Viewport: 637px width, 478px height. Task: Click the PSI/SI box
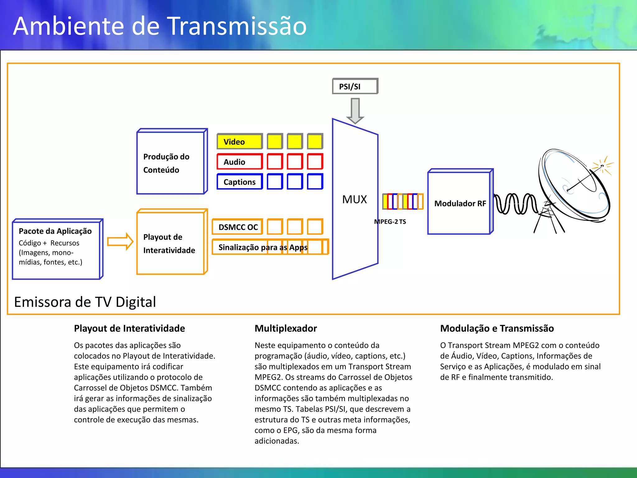click(x=355, y=86)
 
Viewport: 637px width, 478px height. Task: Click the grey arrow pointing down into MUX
click(x=355, y=111)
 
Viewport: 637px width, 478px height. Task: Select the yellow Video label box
click(x=239, y=142)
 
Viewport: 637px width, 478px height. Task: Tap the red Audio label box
click(x=239, y=162)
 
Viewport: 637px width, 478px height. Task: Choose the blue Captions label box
click(x=239, y=182)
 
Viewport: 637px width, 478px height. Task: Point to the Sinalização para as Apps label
click(x=263, y=247)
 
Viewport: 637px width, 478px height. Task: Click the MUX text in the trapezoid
click(x=354, y=199)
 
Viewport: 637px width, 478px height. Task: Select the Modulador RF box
click(x=460, y=203)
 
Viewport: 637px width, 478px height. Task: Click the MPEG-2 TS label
click(x=390, y=222)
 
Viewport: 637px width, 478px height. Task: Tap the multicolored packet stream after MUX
click(x=403, y=201)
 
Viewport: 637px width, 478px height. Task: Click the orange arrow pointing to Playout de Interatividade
click(x=120, y=241)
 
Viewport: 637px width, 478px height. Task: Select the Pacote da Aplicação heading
click(x=55, y=231)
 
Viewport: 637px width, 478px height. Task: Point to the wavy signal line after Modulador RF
click(x=515, y=204)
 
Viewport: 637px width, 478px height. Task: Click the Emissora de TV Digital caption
click(x=85, y=302)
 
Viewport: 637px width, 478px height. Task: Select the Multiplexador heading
click(x=286, y=328)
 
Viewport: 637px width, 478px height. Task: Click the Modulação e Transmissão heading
click(x=497, y=328)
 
